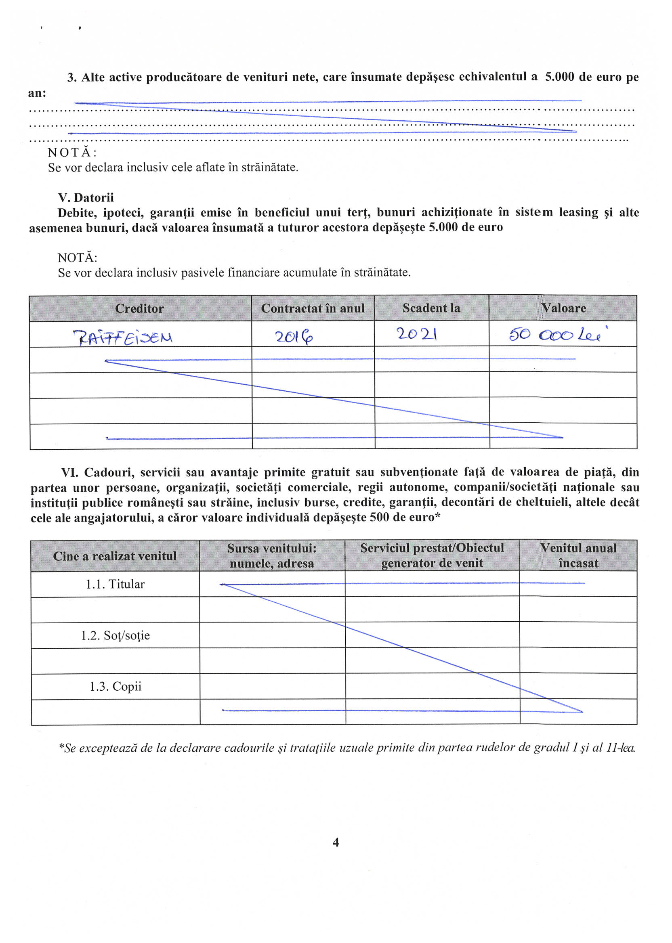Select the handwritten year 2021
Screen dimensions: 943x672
pyautogui.click(x=417, y=333)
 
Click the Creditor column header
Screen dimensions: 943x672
pyautogui.click(x=139, y=308)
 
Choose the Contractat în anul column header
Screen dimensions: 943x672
pyautogui.click(x=313, y=308)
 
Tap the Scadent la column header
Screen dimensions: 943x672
pyautogui.click(x=431, y=308)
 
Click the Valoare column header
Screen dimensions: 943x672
pyautogui.click(x=563, y=308)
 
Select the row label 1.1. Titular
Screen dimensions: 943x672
pyautogui.click(x=115, y=584)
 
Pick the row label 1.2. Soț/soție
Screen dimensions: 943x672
pyautogui.click(x=115, y=635)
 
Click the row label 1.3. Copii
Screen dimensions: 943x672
pyautogui.click(x=115, y=686)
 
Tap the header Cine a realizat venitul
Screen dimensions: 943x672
pyautogui.click(x=115, y=556)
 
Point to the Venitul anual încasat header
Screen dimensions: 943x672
pyautogui.click(x=578, y=555)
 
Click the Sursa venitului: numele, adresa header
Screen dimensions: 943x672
pyautogui.click(x=272, y=555)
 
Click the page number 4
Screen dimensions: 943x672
pyautogui.click(x=336, y=842)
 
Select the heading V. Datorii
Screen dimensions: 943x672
pyautogui.click(x=86, y=197)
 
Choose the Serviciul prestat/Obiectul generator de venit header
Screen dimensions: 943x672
pyautogui.click(x=432, y=555)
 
